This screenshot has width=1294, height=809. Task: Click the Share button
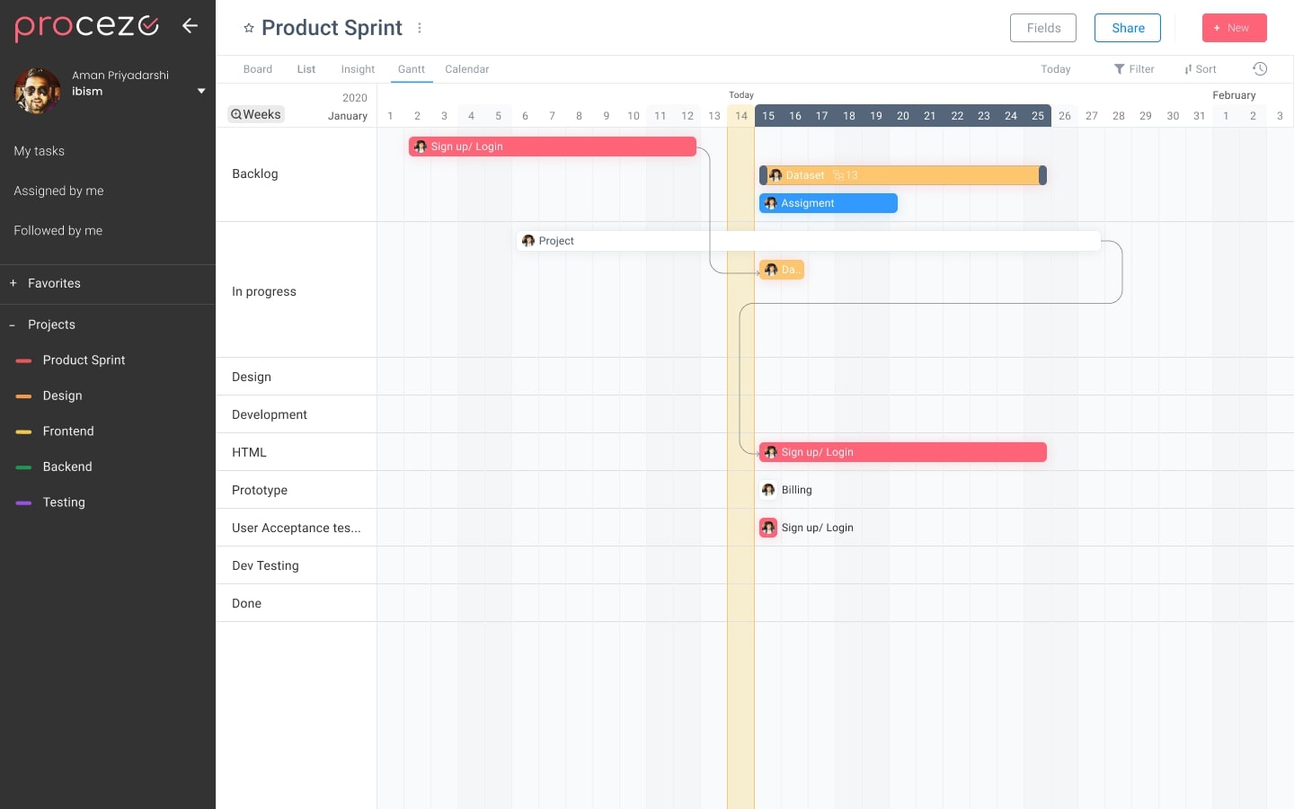coord(1127,28)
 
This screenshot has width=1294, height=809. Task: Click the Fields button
coord(1042,28)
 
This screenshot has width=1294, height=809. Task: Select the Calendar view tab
coord(466,69)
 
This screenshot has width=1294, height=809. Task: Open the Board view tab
coord(257,69)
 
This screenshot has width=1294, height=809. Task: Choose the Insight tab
coord(358,69)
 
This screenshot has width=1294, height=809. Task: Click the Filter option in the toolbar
coord(1134,69)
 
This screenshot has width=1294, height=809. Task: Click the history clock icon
coord(1260,69)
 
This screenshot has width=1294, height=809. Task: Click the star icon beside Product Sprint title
coord(249,29)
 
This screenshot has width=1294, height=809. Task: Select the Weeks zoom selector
coord(256,114)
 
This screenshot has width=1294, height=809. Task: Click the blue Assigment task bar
coord(828,203)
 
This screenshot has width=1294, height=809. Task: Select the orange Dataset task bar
coord(902,175)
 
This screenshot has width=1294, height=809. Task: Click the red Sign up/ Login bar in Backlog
coord(552,147)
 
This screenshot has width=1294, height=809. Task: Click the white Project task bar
coord(809,241)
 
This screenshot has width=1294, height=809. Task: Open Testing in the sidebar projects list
coord(64,502)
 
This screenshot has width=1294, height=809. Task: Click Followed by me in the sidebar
coord(58,231)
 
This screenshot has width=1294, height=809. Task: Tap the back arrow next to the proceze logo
coord(190,25)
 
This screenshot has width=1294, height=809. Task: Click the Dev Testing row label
coord(265,565)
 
